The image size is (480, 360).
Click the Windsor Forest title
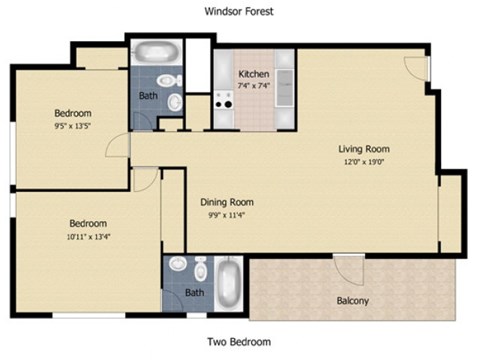click(238, 11)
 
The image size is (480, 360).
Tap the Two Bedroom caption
click(238, 342)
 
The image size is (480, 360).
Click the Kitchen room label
click(253, 74)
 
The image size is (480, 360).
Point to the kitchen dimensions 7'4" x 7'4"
click(253, 85)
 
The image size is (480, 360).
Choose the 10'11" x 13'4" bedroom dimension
click(88, 236)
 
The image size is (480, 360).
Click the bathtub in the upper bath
click(155, 51)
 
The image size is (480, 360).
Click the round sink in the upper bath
click(175, 100)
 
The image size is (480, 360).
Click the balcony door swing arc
click(349, 269)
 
